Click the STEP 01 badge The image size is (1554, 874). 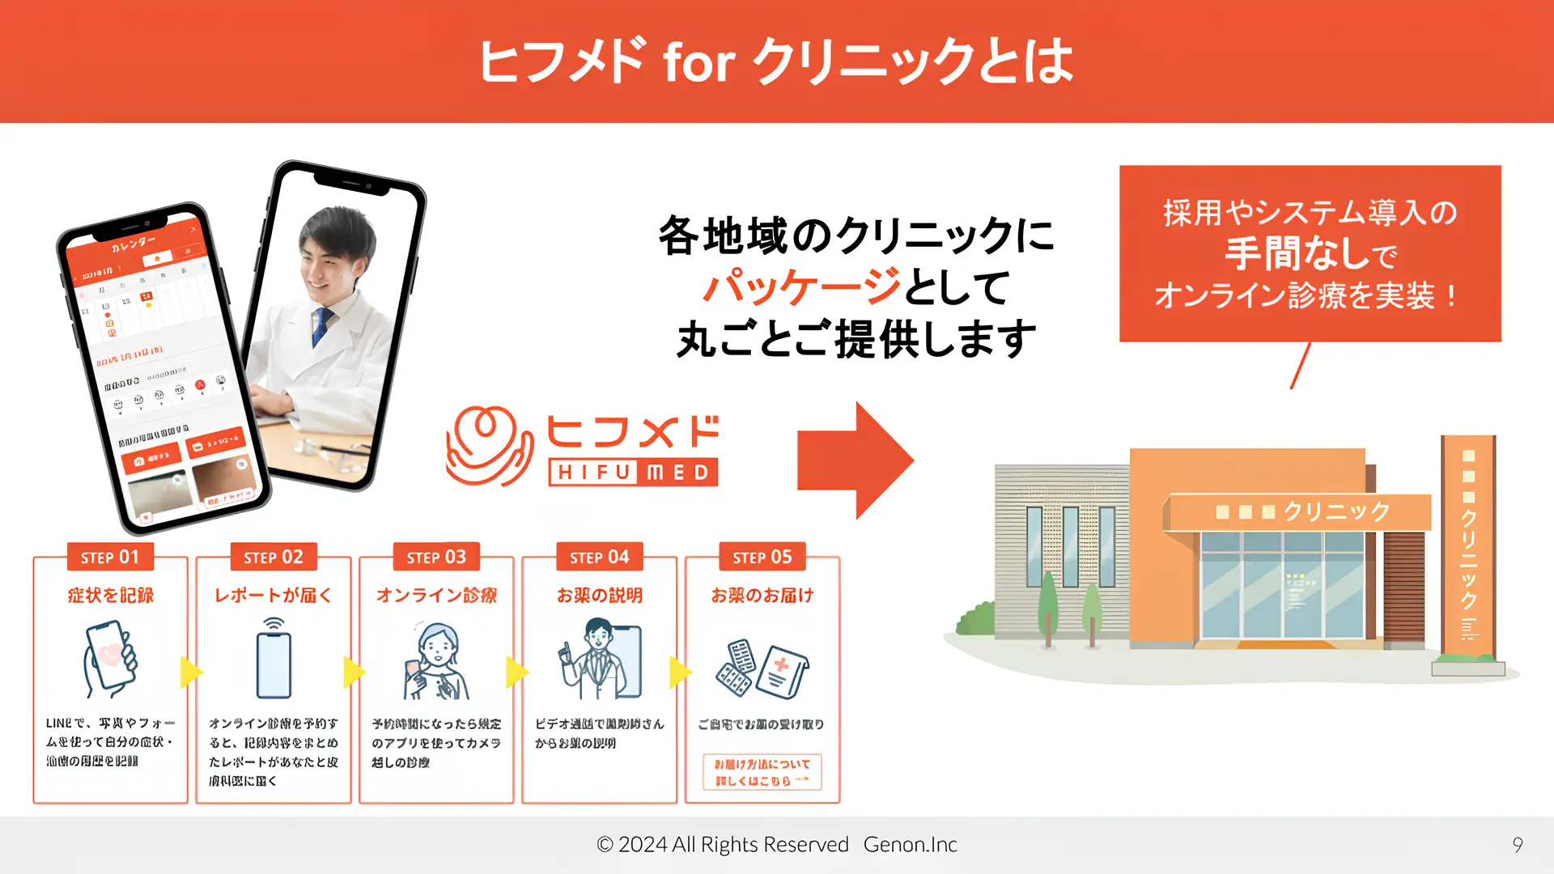[110, 558]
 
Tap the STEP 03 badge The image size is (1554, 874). [436, 558]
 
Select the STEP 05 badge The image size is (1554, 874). [762, 558]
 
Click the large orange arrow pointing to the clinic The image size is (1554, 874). [855, 460]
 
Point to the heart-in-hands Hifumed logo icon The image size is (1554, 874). [489, 446]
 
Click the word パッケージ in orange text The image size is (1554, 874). [801, 287]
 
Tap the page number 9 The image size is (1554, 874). [1518, 845]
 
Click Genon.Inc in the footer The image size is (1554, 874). [910, 845]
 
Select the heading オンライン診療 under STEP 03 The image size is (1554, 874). [436, 596]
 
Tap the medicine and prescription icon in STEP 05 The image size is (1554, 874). [762, 669]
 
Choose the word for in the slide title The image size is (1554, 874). [698, 62]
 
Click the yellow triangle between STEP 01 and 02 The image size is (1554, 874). [190, 672]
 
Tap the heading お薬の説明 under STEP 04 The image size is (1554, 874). [599, 596]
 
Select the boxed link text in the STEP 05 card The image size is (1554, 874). [762, 772]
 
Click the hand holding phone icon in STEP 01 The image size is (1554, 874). [110, 659]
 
